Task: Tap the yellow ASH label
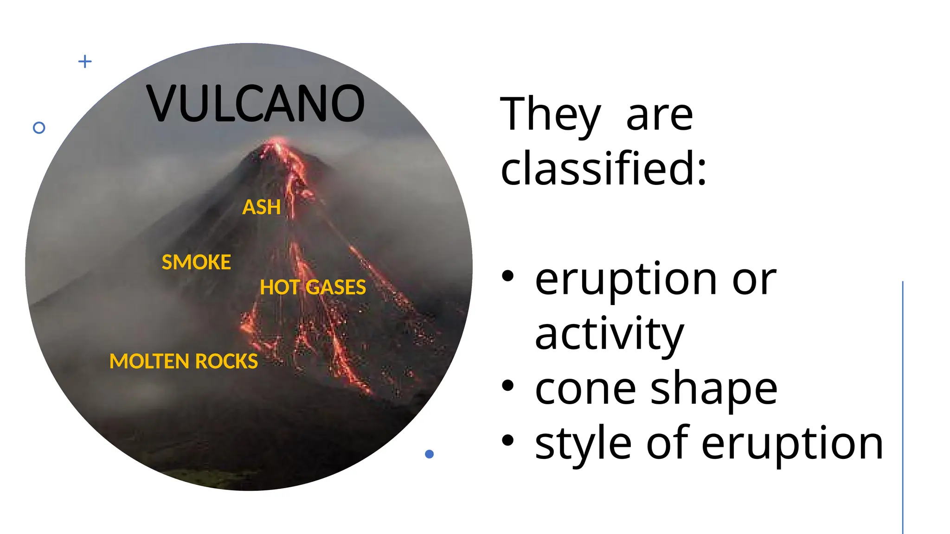pos(262,207)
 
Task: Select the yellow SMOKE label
pos(196,262)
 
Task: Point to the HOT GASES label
pos(313,287)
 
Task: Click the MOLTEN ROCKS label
pos(184,361)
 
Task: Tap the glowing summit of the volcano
pos(277,140)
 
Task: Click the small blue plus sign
pos(85,61)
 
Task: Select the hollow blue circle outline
pos(39,128)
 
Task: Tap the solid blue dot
pos(430,454)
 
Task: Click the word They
pos(550,114)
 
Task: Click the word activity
pos(609,334)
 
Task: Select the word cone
pos(585,389)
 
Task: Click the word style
pos(583,444)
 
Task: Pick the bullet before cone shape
pos(508,385)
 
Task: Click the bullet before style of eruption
pos(508,440)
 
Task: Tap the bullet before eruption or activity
pos(508,276)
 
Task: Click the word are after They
pos(660,116)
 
